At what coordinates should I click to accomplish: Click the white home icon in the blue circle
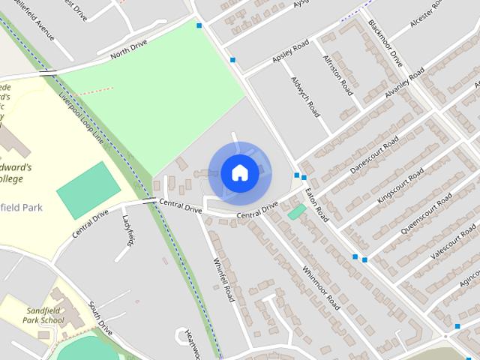[x=240, y=173]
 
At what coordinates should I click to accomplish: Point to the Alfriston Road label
[x=337, y=73]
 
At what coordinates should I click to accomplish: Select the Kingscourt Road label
[x=400, y=186]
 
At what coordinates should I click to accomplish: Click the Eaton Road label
[x=318, y=203]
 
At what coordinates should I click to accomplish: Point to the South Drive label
[x=100, y=318]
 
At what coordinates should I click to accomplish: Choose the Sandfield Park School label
[x=42, y=316]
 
